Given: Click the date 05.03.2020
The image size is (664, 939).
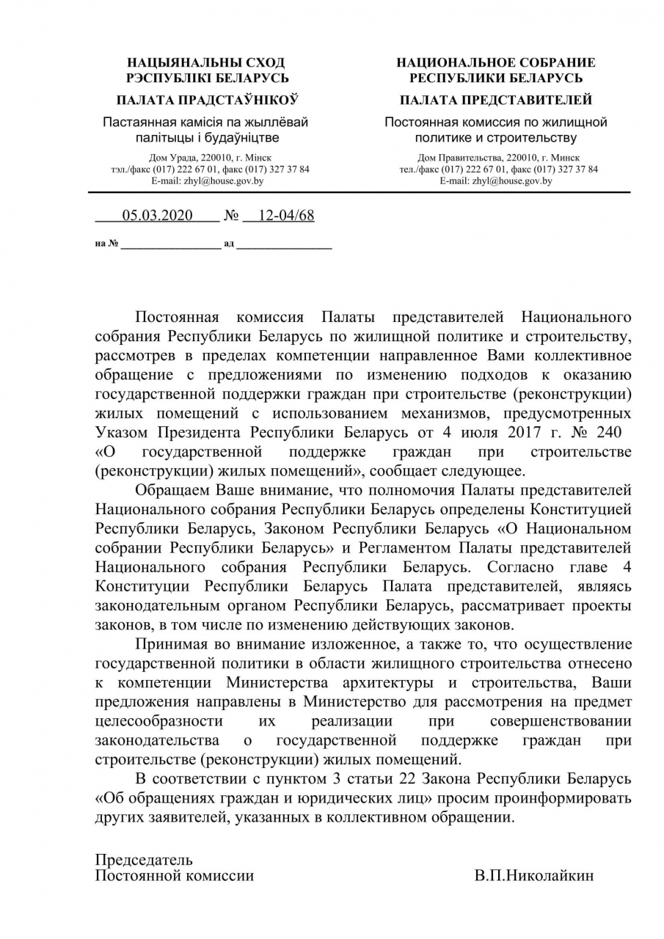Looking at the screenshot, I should [157, 215].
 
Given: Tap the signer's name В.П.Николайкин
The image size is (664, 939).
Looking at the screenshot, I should [533, 875].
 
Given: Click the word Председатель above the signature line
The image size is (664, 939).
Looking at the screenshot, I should [144, 859].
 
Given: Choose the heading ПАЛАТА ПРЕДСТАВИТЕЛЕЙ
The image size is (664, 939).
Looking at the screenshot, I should [496, 100].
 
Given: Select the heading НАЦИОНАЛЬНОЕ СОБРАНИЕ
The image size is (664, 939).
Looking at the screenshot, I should [496, 63].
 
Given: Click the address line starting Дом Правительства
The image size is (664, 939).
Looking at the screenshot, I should [498, 157].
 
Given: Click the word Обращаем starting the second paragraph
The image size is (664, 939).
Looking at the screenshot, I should [174, 489].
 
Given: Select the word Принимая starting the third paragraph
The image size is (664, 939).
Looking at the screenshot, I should [174, 643].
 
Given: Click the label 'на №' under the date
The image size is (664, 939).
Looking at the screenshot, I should [106, 244].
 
